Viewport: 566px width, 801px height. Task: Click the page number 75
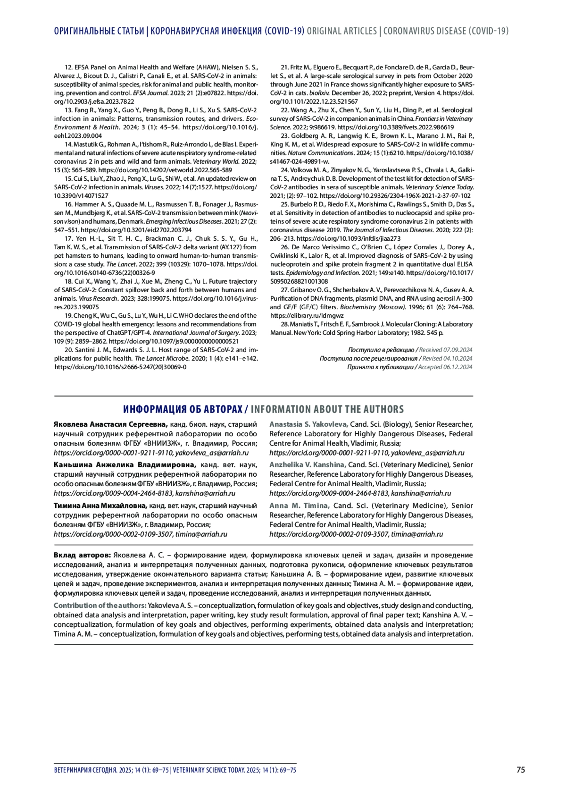(x=520, y=770)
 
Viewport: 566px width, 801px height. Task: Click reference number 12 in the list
(x=69, y=67)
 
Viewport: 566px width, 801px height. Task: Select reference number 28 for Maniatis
(x=284, y=324)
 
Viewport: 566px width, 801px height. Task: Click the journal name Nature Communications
(x=320, y=153)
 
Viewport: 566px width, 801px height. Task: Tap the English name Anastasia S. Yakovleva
(x=308, y=424)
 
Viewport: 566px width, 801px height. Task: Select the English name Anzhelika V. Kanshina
(x=308, y=465)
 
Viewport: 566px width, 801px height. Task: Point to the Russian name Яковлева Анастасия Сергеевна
(x=110, y=424)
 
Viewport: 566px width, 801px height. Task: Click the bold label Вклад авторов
(x=82, y=556)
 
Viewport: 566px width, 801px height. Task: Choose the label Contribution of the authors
(x=100, y=606)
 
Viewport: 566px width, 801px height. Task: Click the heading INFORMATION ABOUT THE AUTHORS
(x=327, y=409)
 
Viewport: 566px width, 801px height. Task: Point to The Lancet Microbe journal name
(x=162, y=358)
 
